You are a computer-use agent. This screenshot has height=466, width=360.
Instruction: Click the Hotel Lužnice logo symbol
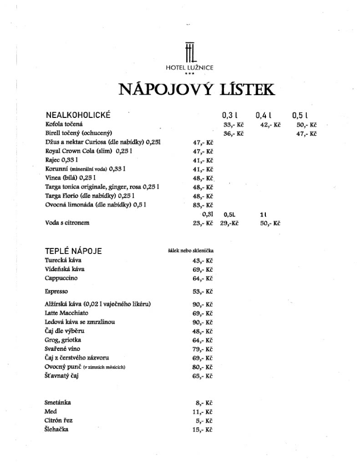tap(189, 51)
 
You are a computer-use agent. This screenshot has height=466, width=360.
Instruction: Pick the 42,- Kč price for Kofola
tap(270, 125)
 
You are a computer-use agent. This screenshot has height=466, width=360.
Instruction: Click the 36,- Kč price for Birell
tap(234, 134)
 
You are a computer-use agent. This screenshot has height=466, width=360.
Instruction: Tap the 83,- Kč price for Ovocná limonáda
tap(203, 205)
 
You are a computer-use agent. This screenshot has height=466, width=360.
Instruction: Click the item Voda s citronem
tap(67, 223)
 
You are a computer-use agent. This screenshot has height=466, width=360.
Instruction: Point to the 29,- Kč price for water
tap(229, 223)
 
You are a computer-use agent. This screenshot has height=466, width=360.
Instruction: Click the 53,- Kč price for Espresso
tap(203, 292)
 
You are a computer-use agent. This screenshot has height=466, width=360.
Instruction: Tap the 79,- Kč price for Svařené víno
tap(203, 349)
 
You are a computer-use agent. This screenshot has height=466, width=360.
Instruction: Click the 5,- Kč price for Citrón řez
tap(205, 420)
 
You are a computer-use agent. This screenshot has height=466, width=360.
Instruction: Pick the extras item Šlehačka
tap(56, 429)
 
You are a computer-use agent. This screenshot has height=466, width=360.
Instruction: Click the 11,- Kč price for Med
tap(203, 411)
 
